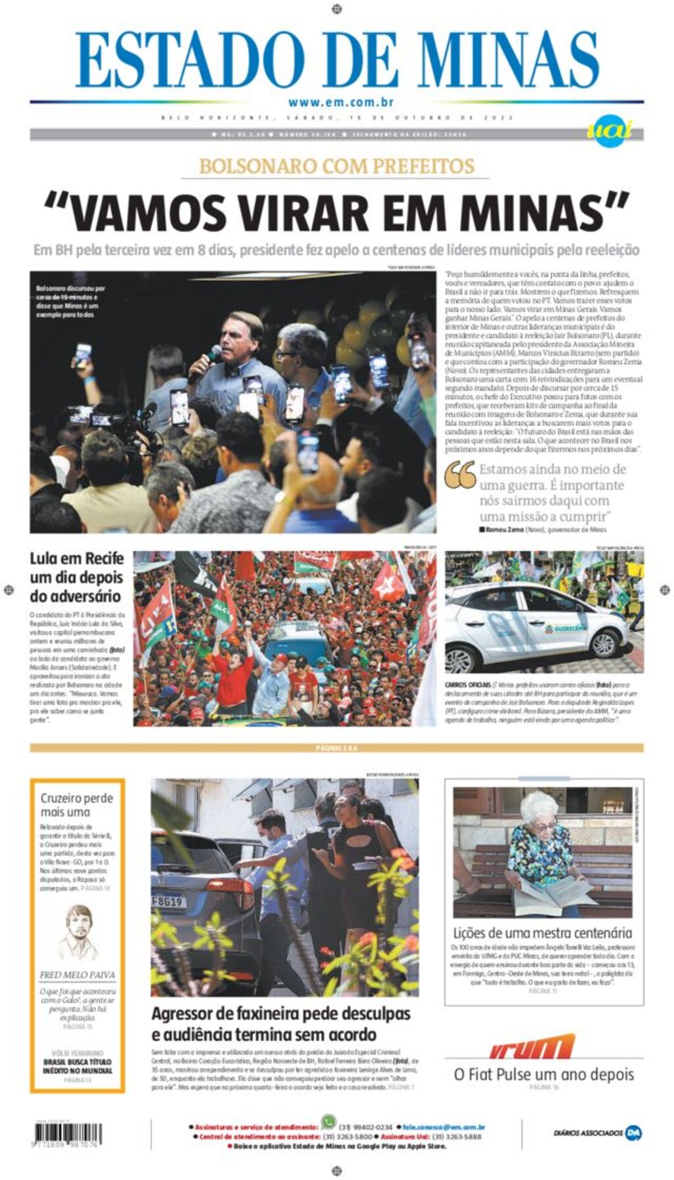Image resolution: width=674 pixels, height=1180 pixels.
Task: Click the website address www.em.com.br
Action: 340,102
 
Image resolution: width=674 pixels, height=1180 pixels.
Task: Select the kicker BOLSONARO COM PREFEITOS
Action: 337,166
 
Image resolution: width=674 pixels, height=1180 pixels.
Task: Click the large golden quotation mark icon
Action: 460,475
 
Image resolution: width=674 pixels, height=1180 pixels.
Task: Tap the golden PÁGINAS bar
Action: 336,748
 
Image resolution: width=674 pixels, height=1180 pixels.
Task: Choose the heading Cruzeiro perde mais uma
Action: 76,805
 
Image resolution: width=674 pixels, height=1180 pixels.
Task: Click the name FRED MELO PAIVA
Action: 77,975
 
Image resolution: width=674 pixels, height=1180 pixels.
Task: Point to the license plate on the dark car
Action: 168,900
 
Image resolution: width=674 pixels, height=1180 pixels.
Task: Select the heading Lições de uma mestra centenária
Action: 542,932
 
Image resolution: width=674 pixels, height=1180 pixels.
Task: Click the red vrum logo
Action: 532,1047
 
